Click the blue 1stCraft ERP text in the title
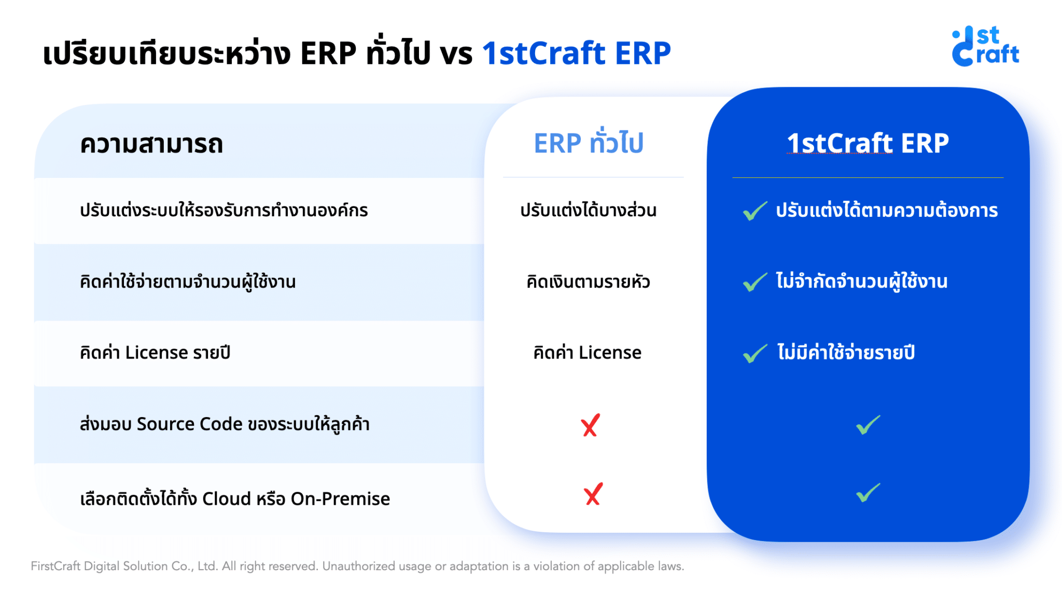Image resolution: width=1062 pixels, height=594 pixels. coord(576,53)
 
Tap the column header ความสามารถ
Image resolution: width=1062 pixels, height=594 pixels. coord(151,144)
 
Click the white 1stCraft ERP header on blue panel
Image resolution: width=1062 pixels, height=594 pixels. coord(868,143)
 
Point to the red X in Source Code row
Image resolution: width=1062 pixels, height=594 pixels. coord(590,425)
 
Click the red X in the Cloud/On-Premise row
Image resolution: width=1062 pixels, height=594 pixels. coord(593,494)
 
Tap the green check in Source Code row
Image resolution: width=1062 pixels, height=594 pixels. coord(868,425)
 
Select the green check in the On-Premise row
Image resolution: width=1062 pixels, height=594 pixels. coord(868,493)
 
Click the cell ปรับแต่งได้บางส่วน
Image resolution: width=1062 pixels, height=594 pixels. coord(588,211)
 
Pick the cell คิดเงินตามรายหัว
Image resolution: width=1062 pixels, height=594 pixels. coord(588,282)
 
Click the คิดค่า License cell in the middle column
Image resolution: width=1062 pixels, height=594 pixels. coord(587,353)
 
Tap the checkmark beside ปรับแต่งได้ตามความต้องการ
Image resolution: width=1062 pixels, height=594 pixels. coord(754,211)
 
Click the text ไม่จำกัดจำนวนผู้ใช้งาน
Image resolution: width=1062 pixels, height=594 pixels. coord(861,281)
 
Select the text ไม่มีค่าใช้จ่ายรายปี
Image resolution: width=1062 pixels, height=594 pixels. coord(846,353)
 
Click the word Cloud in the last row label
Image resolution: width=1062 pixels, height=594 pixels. coord(226,499)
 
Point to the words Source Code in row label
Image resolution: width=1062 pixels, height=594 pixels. coord(189,424)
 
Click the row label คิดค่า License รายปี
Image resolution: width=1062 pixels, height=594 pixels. coord(155,353)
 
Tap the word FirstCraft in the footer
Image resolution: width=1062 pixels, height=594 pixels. coord(55,566)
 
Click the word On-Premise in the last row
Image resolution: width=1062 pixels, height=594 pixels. coord(340,499)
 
